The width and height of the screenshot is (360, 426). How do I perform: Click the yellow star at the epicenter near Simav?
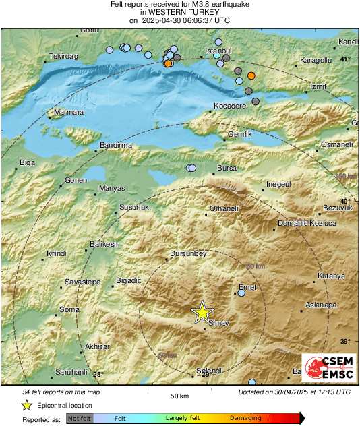click(202, 311)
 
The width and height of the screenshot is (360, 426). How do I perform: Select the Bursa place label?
click(227, 168)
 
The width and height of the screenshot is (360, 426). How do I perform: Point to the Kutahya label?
click(331, 276)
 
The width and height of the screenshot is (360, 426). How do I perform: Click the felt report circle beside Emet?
click(241, 293)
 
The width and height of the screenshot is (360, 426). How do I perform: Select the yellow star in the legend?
click(26, 405)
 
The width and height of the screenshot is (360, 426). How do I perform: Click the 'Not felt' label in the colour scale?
click(80, 418)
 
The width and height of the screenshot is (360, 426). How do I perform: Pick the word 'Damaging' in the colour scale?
click(246, 418)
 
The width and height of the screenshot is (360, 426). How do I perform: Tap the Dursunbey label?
click(187, 254)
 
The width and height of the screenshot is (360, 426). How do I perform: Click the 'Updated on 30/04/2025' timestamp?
click(294, 392)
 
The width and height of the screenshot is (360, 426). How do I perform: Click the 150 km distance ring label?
click(344, 176)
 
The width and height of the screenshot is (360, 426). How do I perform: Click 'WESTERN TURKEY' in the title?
click(179, 12)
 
